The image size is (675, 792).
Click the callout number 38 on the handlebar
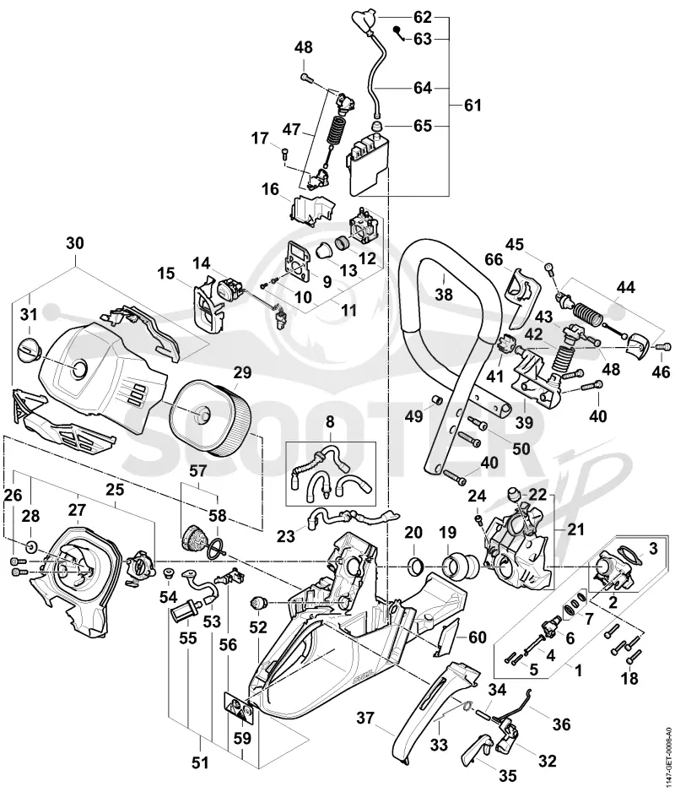point(444,294)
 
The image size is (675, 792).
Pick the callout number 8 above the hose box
point(330,421)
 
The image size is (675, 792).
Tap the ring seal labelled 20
point(414,561)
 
